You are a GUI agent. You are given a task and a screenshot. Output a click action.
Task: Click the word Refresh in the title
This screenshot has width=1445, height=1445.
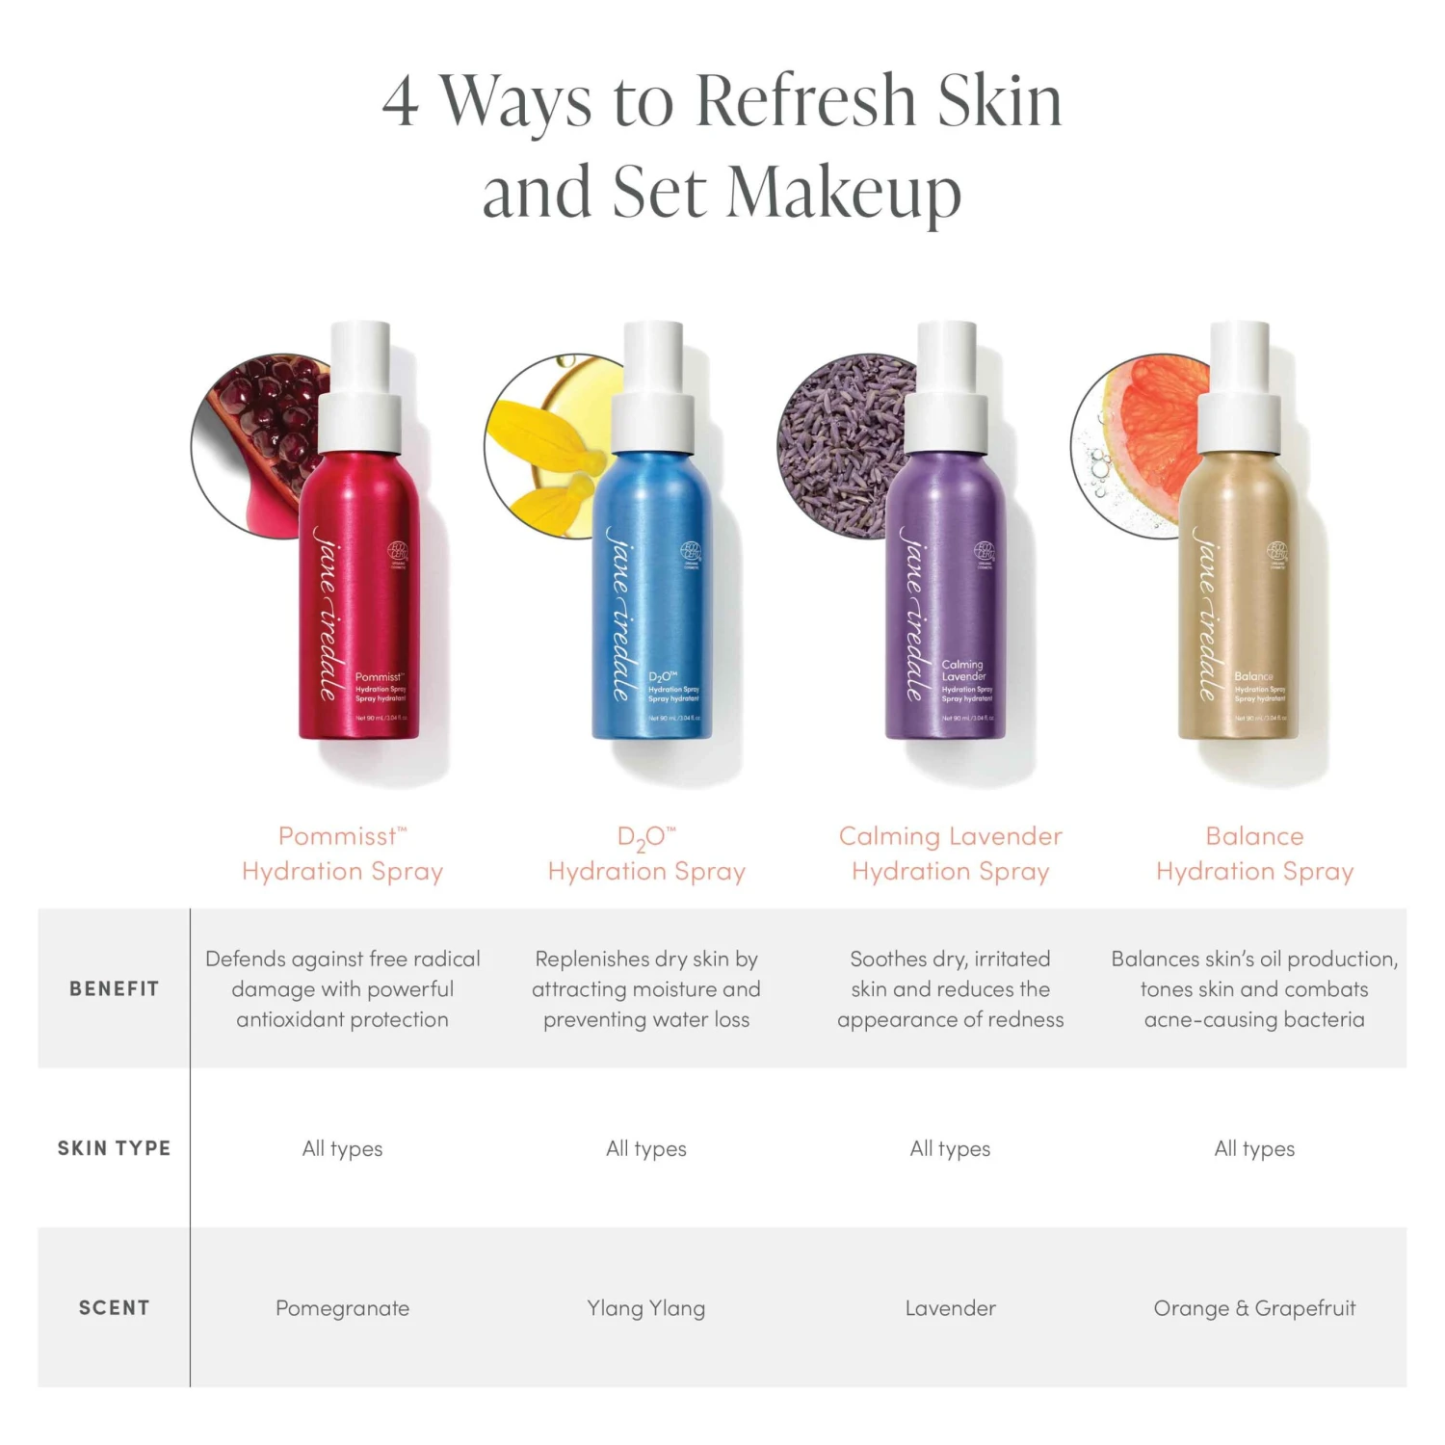(804, 101)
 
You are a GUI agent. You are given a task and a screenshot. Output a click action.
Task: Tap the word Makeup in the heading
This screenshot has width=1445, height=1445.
(843, 193)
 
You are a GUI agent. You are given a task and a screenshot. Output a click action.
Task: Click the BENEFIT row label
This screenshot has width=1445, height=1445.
(114, 988)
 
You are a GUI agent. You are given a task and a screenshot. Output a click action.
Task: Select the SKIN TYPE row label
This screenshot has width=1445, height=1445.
(114, 1148)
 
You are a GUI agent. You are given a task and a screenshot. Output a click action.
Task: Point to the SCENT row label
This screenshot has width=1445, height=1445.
(114, 1308)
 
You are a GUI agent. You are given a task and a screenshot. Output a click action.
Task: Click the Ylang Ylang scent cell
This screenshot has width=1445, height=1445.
(646, 1308)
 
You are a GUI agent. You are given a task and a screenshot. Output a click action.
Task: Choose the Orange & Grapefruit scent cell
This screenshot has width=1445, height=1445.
(1254, 1308)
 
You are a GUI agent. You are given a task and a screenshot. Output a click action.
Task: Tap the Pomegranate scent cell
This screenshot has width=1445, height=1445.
(342, 1308)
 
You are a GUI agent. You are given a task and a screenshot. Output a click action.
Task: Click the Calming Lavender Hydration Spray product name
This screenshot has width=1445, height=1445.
(950, 854)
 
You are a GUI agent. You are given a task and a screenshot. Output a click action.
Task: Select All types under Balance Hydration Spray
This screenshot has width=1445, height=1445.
(1254, 1148)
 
